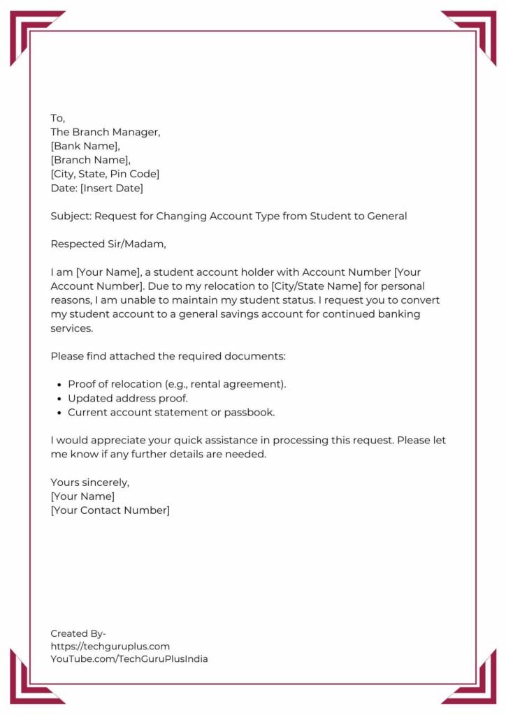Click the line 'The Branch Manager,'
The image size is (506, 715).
[106, 132]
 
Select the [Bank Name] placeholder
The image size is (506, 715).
[85, 146]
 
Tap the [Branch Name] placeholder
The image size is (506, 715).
[90, 160]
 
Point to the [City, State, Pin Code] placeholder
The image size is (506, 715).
[105, 174]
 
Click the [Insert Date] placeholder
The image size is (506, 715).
[112, 188]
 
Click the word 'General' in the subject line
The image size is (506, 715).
[387, 216]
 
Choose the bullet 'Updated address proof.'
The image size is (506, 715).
[128, 398]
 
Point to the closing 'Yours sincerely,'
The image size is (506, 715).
[90, 482]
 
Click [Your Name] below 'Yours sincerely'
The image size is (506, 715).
[82, 496]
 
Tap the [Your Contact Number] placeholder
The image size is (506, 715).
[110, 510]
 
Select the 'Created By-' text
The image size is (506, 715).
[78, 633]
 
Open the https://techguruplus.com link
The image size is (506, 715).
[110, 646]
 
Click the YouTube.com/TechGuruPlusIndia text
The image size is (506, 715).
[129, 658]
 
